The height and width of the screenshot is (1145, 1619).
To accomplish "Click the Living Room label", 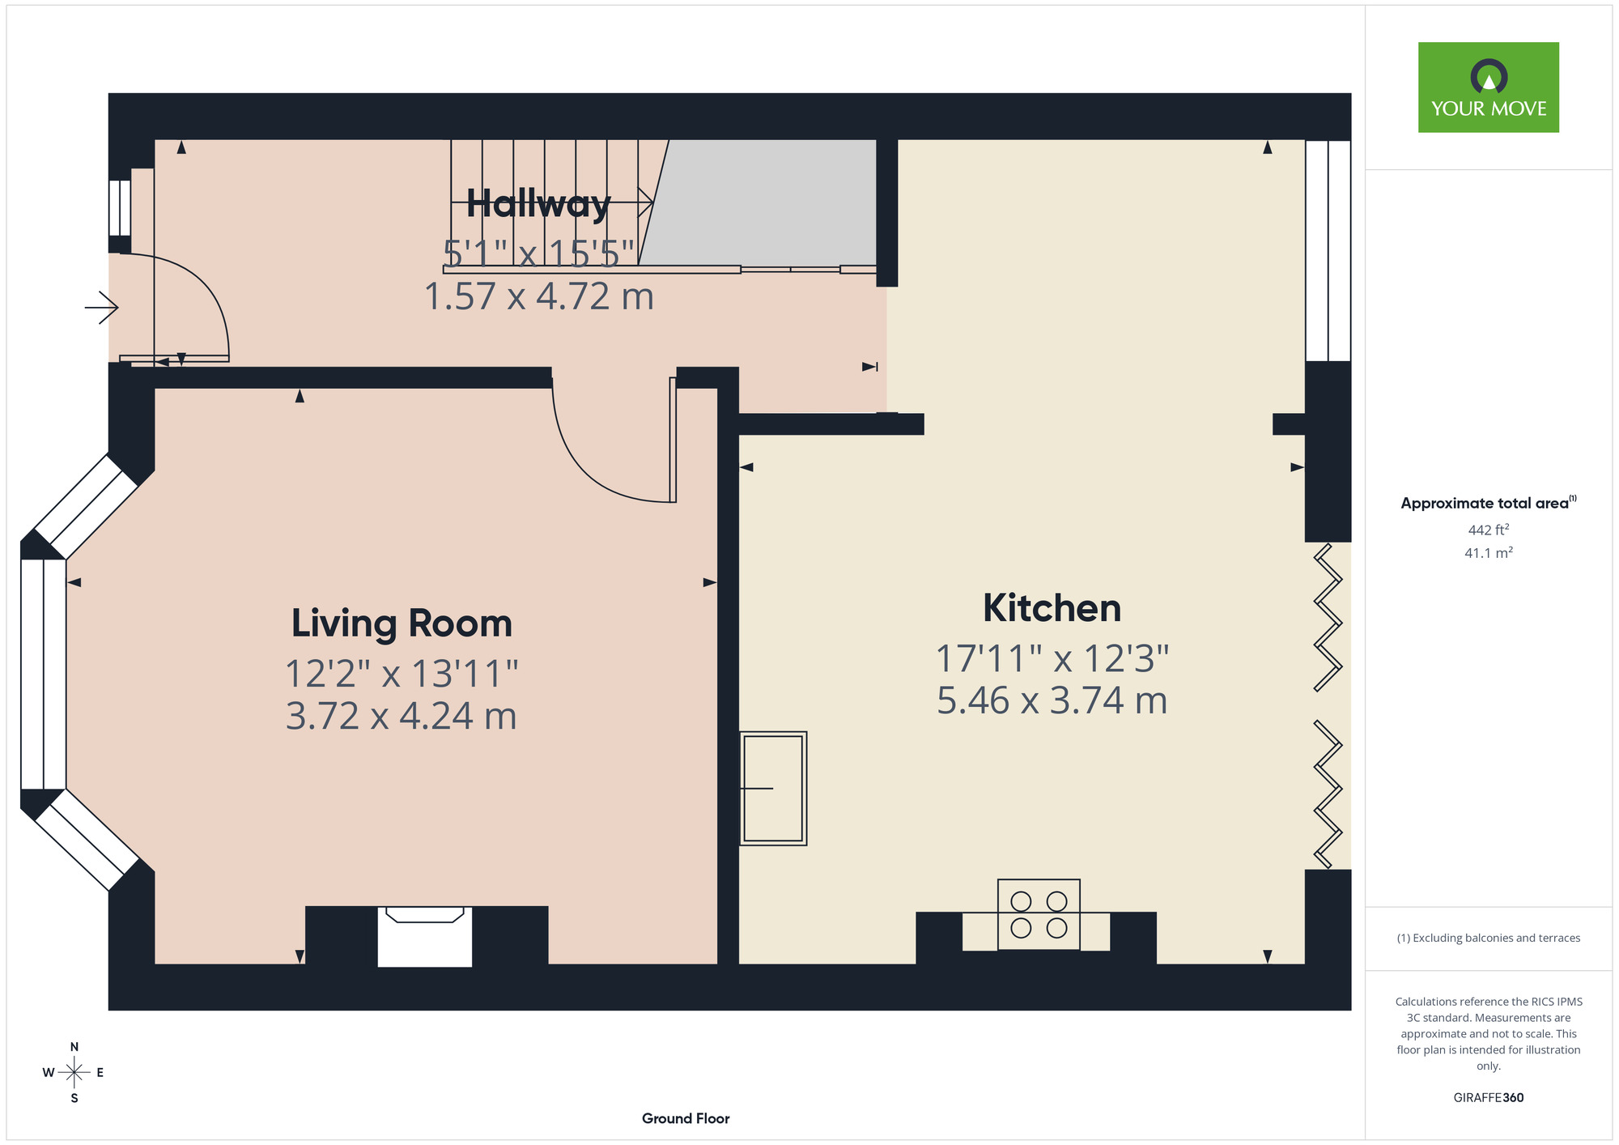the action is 402,624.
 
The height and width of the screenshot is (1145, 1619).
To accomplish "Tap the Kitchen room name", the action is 1052,608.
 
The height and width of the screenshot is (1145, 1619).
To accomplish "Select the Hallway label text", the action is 538,203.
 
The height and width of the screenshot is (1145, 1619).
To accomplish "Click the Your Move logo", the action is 1488,87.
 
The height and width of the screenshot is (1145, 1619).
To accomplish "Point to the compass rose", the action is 74,1073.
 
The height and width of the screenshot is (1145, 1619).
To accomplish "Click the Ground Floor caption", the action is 686,1118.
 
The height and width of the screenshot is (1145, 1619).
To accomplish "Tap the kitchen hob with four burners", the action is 1039,914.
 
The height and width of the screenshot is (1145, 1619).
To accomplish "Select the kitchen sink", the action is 773,788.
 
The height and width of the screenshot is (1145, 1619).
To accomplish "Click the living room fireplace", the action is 425,936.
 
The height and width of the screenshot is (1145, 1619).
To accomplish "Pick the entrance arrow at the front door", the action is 102,308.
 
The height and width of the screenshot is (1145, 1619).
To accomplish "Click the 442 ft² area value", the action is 1489,530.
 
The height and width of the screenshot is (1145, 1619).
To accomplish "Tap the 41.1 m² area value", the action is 1489,553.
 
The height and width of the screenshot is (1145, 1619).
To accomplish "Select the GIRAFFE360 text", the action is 1489,1098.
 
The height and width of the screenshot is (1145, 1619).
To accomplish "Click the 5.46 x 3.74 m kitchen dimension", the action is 1052,700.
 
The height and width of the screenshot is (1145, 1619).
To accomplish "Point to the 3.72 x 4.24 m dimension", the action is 402,716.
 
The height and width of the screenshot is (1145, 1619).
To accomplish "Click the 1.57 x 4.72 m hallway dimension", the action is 539,296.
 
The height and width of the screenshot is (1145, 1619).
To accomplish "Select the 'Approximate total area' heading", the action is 1489,503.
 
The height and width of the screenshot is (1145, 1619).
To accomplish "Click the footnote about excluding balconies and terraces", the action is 1489,938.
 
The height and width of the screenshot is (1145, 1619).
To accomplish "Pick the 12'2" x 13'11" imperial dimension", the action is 402,673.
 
